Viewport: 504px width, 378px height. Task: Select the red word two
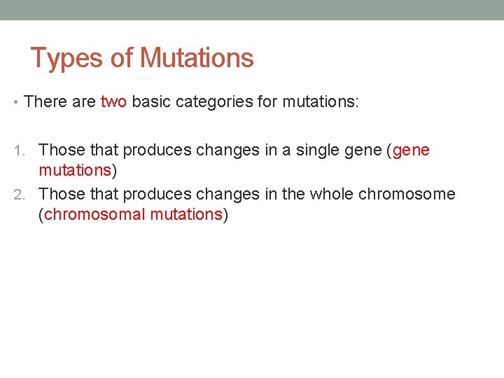click(x=113, y=101)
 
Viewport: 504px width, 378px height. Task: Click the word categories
click(x=214, y=101)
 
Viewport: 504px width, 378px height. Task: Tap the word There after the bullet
click(x=44, y=101)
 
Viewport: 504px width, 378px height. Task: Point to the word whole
click(x=331, y=194)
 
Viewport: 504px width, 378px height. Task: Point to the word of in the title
click(x=122, y=58)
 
